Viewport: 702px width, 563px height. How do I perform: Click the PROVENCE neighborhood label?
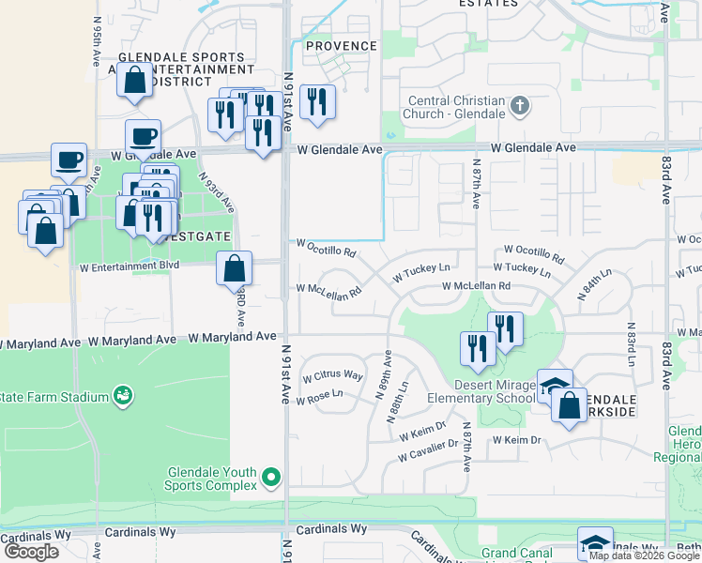point(341,46)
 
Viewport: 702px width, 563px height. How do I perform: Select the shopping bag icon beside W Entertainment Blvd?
point(234,267)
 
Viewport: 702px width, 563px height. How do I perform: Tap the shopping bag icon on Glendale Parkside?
point(569,405)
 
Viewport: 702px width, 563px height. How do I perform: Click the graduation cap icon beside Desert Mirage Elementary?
point(555,386)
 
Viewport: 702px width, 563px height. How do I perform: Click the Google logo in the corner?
point(31,552)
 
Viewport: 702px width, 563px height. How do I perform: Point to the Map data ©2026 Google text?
point(644,555)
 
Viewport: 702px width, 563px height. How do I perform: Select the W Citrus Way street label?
point(332,375)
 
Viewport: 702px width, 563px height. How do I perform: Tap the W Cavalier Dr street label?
point(427,450)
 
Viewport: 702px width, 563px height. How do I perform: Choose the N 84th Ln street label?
point(593,283)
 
